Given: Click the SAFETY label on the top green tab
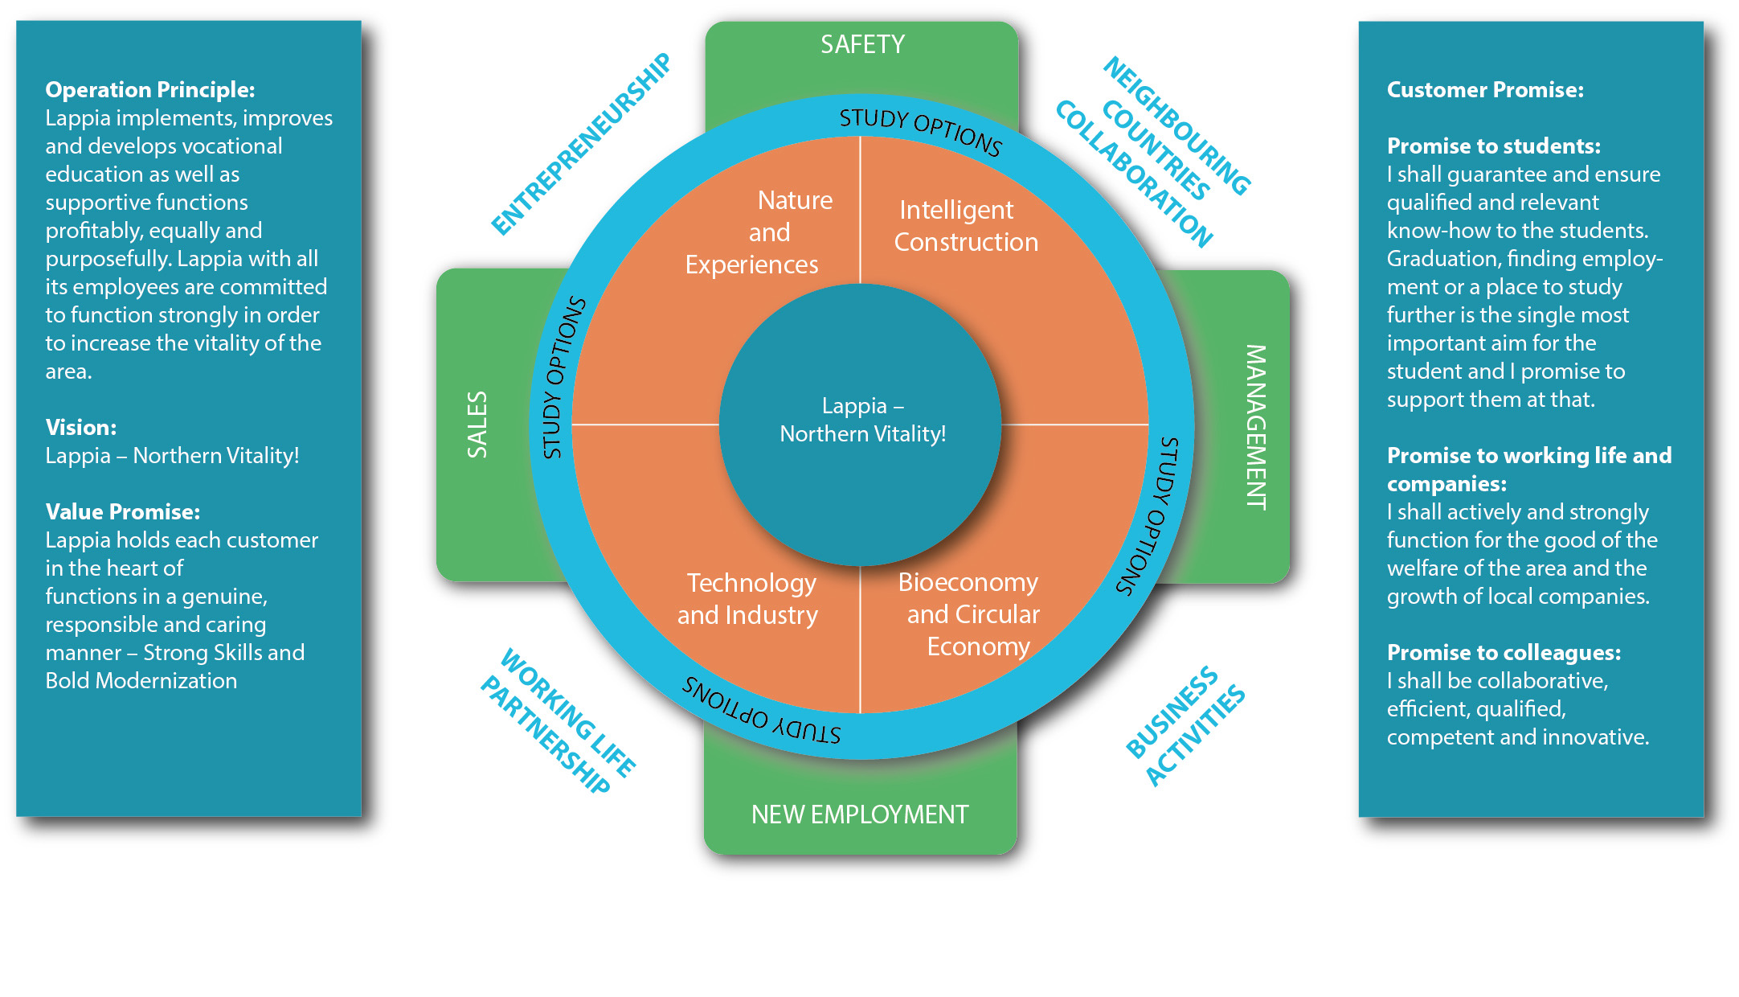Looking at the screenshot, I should point(862,44).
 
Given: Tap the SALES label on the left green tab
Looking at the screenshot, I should point(477,425).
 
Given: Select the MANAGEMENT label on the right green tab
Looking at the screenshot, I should point(1255,427).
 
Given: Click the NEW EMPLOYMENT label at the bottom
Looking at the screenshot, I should point(860,814).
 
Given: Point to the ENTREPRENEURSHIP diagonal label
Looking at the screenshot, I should point(581,144).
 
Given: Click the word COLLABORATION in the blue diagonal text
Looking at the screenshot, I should point(1133,174).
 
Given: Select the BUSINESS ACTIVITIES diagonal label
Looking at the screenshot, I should point(1185,724).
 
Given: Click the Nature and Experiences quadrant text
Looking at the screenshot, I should point(759,232).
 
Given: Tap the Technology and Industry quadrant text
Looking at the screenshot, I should point(748,599).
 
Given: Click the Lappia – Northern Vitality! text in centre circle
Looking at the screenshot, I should point(862,420).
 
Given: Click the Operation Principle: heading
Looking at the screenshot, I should point(150,89).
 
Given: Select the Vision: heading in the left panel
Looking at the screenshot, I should point(81,427).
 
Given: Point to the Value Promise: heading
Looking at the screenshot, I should point(123,511).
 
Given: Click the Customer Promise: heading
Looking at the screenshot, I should point(1485,89).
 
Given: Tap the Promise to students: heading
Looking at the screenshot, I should point(1493,146).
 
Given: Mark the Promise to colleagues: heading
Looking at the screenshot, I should point(1504,652).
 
